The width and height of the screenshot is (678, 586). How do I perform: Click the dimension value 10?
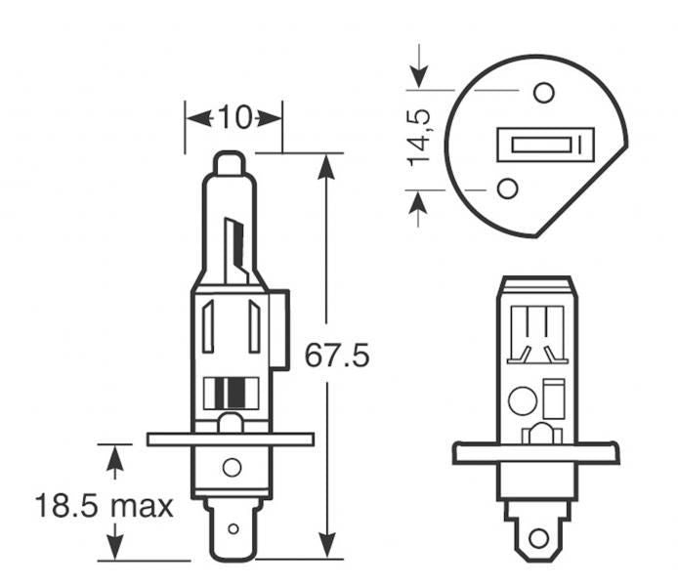tap(233, 118)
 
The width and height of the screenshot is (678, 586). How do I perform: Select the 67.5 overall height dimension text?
tap(337, 355)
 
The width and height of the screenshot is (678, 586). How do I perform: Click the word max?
tap(141, 506)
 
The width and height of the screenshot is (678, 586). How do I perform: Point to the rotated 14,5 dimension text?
tap(420, 138)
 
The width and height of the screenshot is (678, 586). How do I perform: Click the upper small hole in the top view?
tap(544, 93)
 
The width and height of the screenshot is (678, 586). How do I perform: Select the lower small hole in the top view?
tap(507, 188)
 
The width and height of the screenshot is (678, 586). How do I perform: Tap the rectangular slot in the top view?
tap(545, 145)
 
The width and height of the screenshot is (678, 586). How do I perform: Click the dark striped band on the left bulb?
tap(233, 393)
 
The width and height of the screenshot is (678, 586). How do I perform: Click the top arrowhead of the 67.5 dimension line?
tap(326, 166)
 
